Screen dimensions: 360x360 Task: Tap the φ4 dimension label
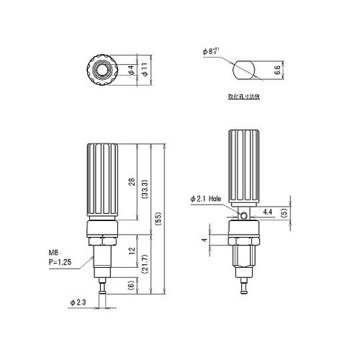pyautogui.click(x=130, y=71)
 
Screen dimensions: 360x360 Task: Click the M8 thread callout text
pyautogui.click(x=53, y=253)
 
